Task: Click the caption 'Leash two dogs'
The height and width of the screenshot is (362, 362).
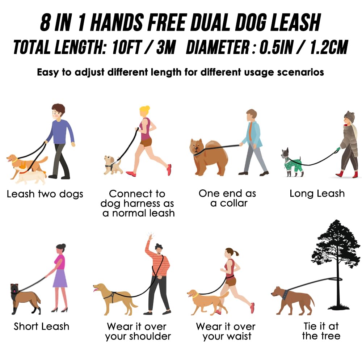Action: tap(45, 194)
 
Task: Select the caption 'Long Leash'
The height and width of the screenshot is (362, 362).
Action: tap(317, 194)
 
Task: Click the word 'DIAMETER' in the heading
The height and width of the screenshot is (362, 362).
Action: tap(219, 47)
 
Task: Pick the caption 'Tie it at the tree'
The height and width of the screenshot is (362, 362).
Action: tap(321, 331)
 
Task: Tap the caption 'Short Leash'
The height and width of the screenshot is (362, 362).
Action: tap(41, 326)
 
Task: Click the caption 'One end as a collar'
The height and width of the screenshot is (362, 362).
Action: tap(227, 198)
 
